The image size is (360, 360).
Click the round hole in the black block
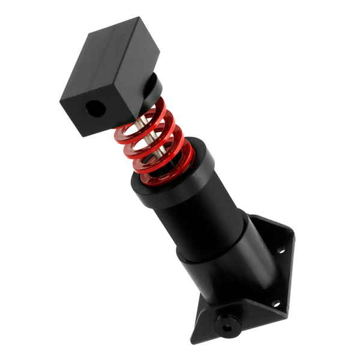click(x=94, y=109)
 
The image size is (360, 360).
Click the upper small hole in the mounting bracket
click(x=279, y=251)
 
